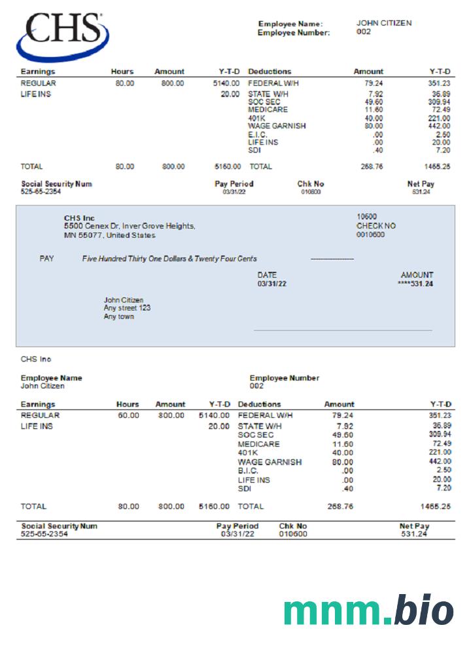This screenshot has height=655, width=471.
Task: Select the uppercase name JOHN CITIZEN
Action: (384, 23)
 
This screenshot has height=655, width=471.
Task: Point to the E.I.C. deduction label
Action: (258, 134)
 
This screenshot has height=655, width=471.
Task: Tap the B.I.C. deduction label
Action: (248, 470)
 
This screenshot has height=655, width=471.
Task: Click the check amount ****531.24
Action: (415, 284)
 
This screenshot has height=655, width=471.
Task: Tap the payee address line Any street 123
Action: (127, 308)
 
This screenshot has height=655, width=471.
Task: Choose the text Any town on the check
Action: (118, 316)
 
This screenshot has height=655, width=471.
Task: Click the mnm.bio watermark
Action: (368, 611)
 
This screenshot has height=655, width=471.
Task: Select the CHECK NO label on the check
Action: (376, 226)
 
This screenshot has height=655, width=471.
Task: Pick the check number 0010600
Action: (370, 234)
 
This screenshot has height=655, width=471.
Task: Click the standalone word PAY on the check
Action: (47, 259)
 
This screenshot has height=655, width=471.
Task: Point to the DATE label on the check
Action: (267, 276)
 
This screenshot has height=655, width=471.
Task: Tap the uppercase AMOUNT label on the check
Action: (417, 276)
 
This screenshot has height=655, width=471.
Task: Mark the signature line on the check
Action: (343, 330)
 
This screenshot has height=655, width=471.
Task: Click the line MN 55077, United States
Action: (110, 235)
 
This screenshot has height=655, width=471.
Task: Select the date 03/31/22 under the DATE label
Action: (271, 284)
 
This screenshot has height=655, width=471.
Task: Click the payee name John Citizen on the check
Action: (124, 300)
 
